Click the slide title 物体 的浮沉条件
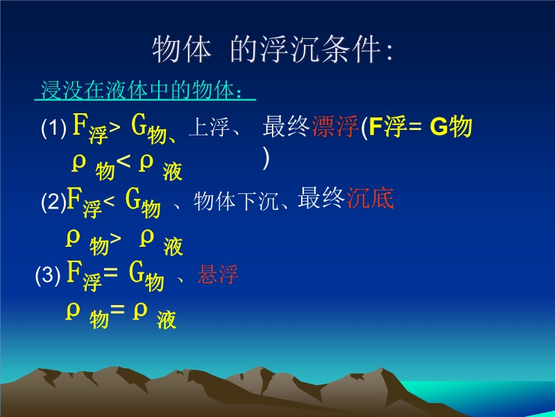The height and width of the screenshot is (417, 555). pyautogui.click(x=273, y=49)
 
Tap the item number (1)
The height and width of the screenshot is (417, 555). pyautogui.click(x=54, y=127)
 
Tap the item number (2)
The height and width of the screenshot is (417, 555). pyautogui.click(x=54, y=202)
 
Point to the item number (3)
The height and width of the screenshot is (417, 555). pyautogui.click(x=48, y=275)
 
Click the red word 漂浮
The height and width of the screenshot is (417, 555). pyautogui.click(x=335, y=126)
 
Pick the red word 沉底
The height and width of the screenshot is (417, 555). pyautogui.click(x=370, y=198)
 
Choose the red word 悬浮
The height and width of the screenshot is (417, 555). pyautogui.click(x=218, y=274)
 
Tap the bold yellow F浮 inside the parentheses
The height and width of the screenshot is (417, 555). pyautogui.click(x=387, y=126)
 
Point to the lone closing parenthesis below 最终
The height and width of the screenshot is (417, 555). pyautogui.click(x=266, y=158)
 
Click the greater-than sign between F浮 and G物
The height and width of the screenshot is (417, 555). pyautogui.click(x=114, y=128)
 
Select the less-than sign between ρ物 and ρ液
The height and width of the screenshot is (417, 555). pyautogui.click(x=123, y=162)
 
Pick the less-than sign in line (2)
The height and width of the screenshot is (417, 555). pyautogui.click(x=109, y=202)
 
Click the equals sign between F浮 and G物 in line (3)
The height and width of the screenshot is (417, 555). pyautogui.click(x=110, y=273)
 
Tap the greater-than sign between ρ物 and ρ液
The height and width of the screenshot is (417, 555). pyautogui.click(x=115, y=238)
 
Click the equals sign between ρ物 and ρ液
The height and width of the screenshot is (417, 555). pyautogui.click(x=117, y=309)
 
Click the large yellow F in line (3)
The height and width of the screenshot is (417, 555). pyautogui.click(x=74, y=271)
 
